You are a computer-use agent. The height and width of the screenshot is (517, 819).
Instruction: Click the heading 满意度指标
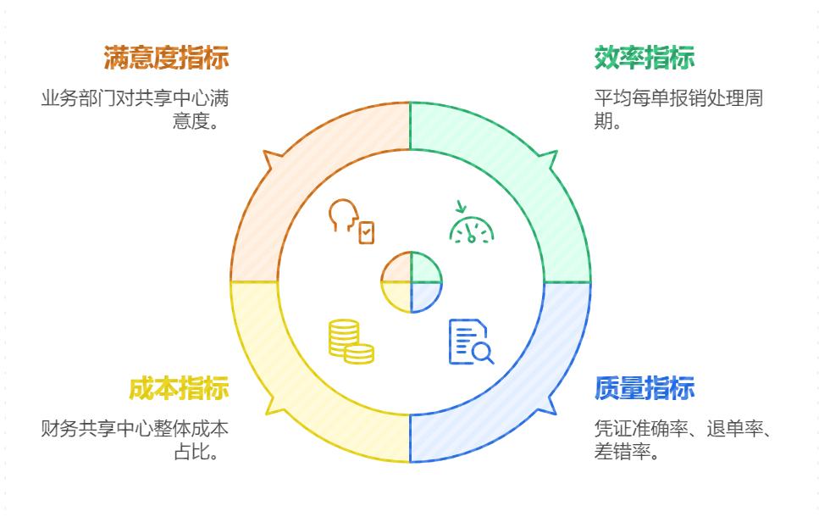coord(166,58)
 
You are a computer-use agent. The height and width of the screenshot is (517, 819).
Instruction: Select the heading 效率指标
coord(645,58)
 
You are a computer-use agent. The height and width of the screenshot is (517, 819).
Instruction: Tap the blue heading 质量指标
coord(645,388)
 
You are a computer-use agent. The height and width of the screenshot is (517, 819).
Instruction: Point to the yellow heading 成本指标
coord(179,388)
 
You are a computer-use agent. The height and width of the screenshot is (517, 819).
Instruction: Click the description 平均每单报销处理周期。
coord(678,109)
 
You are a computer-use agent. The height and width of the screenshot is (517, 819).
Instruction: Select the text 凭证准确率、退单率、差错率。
coord(682,439)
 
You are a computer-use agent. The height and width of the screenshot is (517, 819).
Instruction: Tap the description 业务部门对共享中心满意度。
coord(136,109)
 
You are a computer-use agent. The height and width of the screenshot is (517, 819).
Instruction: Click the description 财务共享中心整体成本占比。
coord(136,439)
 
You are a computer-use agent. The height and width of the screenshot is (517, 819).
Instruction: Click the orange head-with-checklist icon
coord(351,220)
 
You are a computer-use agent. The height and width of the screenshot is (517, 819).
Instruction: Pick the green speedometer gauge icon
coord(471,224)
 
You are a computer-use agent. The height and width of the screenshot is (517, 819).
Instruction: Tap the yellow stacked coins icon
coord(351,342)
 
